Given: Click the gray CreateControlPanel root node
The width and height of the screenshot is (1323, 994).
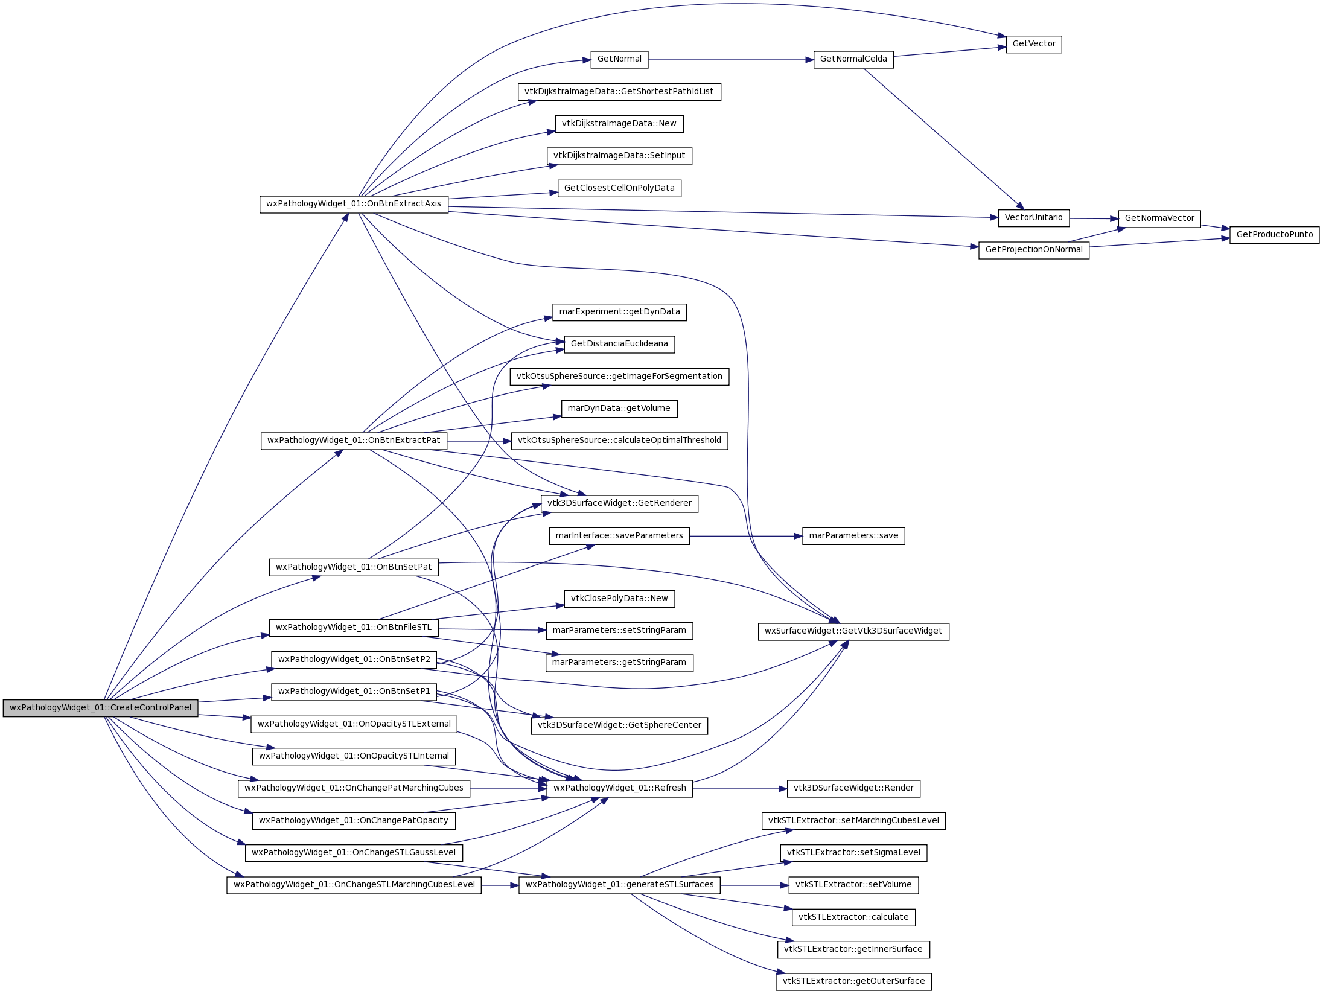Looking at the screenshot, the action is tap(100, 708).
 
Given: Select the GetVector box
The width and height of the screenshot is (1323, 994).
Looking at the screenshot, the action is tap(1034, 44).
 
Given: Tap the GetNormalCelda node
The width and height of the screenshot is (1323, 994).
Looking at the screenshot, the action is tap(853, 59).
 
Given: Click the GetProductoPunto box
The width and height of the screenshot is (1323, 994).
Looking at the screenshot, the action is tap(1275, 235).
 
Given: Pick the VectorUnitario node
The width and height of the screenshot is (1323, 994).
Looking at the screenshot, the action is tap(1034, 218).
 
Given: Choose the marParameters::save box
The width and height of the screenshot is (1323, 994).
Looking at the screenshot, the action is tap(853, 536).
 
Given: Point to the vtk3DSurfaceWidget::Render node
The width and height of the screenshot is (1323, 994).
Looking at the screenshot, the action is tap(853, 788).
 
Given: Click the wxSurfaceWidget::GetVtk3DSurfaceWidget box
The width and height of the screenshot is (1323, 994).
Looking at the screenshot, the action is tap(853, 631).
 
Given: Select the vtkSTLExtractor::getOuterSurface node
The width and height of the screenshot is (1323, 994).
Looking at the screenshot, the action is tap(853, 981).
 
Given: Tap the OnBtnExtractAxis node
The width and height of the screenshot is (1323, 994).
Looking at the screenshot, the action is tap(354, 204).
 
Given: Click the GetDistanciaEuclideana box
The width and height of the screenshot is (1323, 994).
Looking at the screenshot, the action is tap(619, 344).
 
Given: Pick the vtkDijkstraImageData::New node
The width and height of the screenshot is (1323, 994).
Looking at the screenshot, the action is tap(619, 124).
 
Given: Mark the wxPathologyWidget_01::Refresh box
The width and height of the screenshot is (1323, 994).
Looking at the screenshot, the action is tap(619, 788).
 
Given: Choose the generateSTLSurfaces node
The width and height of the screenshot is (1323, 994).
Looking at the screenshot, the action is tap(619, 885).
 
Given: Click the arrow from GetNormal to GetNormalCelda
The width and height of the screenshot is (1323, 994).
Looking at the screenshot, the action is tap(731, 60).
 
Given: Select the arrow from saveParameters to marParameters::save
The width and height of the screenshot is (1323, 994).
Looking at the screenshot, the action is tap(746, 536).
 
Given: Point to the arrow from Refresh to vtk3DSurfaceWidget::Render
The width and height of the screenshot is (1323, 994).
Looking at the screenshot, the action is tap(739, 789).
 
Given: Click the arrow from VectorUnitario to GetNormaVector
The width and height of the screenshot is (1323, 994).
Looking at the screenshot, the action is tap(1094, 218).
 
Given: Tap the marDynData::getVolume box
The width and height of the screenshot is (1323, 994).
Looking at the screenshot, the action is tap(619, 409).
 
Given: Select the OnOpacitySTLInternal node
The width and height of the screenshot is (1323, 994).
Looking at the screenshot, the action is tap(354, 756).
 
